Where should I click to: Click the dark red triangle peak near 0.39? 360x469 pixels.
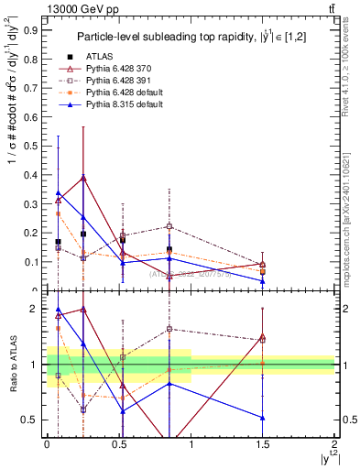[83, 177]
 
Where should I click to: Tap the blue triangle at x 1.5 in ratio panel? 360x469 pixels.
[263, 418]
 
